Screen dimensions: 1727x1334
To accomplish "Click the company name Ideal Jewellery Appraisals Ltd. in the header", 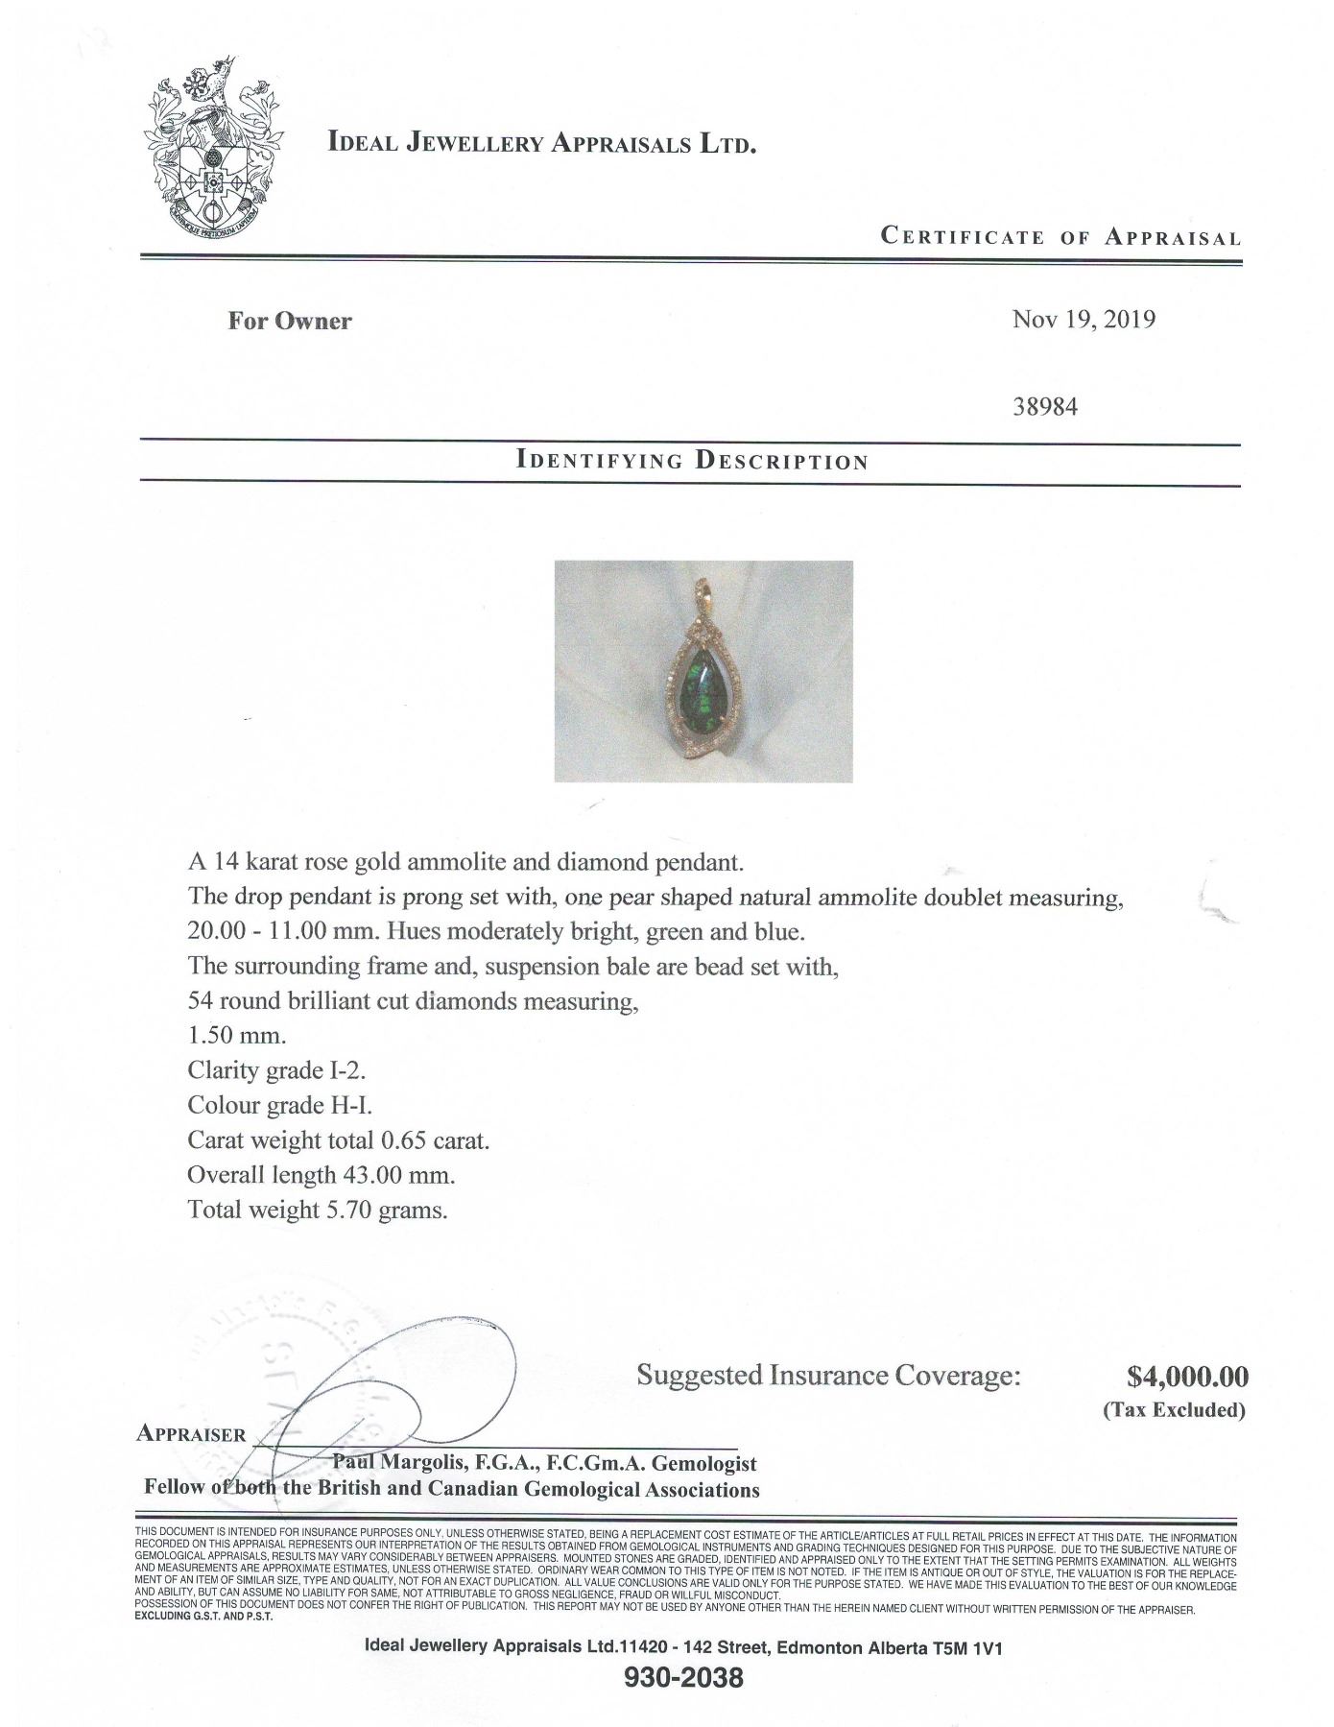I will [x=543, y=144].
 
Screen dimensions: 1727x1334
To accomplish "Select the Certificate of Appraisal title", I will [x=1060, y=236].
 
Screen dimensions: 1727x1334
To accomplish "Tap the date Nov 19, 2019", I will [x=1084, y=320].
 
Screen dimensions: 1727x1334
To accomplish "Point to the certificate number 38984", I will [x=1045, y=406].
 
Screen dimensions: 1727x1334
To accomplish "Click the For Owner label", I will [x=289, y=321].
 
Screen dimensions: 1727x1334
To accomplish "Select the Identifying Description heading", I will [x=691, y=460].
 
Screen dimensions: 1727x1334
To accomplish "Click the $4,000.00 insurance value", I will [x=1187, y=1377].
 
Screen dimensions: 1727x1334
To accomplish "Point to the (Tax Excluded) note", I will [x=1173, y=1409].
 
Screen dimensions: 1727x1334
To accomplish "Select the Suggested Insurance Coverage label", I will [x=827, y=1376].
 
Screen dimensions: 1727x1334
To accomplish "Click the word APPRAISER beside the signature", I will [x=191, y=1433].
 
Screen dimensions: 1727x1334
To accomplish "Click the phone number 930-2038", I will [x=682, y=1679].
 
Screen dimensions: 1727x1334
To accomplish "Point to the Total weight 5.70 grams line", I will [x=318, y=1210].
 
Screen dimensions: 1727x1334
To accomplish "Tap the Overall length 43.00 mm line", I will [x=321, y=1175].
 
